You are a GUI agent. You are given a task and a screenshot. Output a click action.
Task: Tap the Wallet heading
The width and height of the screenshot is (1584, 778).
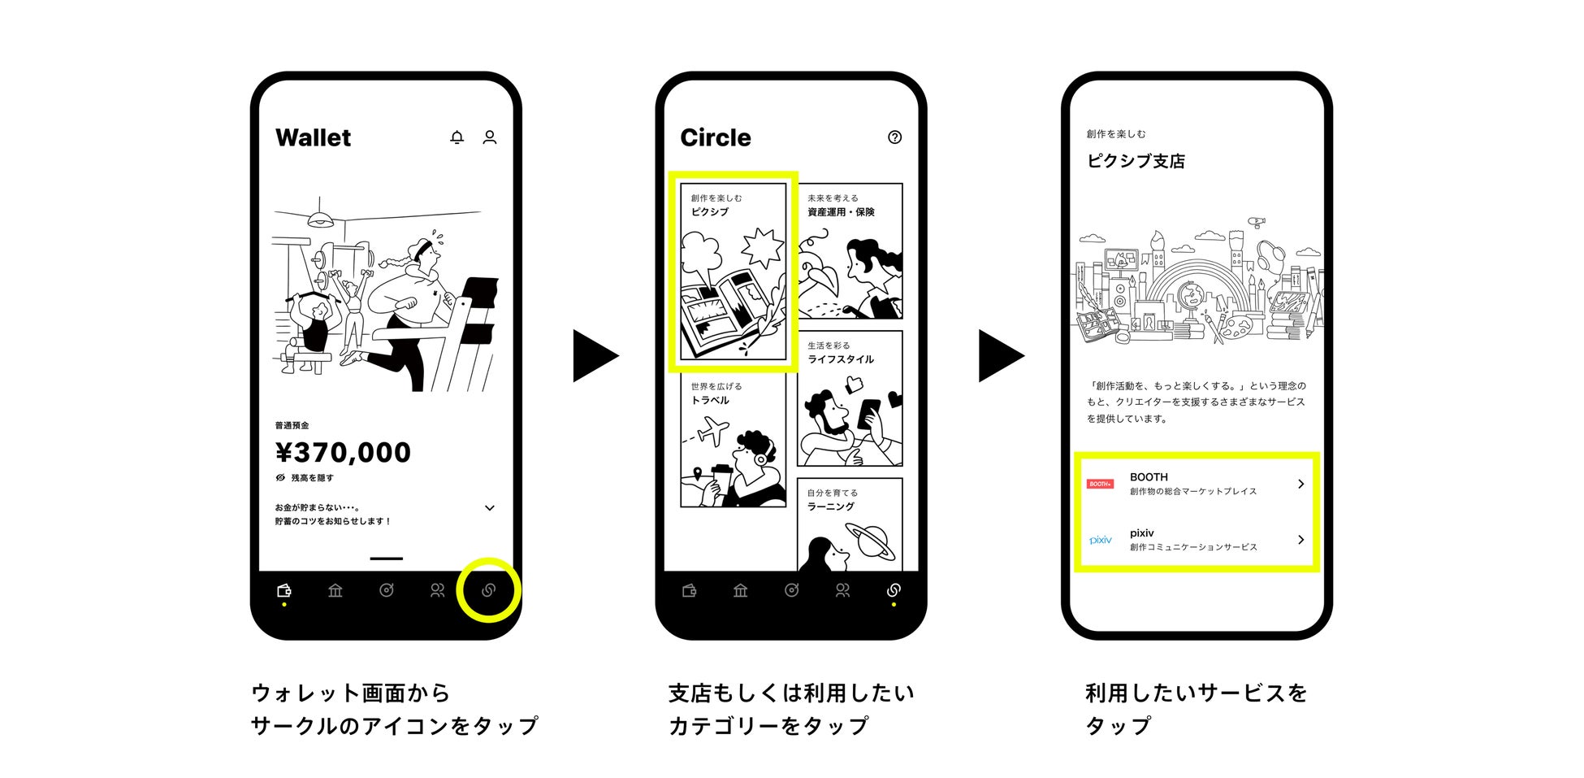[x=313, y=138]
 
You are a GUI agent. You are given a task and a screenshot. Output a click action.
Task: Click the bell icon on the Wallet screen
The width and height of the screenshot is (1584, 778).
[x=457, y=137]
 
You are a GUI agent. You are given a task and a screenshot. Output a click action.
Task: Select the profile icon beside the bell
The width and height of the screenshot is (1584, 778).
[x=490, y=137]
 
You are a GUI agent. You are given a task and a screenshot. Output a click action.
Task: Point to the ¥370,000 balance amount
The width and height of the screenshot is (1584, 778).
[x=343, y=453]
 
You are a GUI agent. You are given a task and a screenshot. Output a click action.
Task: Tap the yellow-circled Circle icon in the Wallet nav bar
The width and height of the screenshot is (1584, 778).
[x=488, y=590]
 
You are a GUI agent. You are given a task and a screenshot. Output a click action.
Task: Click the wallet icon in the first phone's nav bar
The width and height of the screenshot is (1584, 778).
[x=283, y=590]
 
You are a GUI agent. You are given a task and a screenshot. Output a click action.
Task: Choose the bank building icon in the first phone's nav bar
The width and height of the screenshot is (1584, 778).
[x=335, y=590]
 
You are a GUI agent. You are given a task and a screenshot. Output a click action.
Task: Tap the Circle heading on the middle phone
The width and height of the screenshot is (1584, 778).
[x=715, y=138]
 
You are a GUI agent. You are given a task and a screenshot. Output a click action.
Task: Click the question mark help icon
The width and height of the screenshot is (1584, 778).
[x=894, y=137]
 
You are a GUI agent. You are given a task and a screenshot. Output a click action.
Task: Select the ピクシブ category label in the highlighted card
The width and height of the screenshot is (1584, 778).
[x=710, y=212]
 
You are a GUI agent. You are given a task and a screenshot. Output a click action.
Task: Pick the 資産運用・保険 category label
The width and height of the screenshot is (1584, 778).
[x=841, y=212]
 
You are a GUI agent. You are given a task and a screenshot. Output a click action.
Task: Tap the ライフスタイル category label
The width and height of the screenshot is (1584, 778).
[x=841, y=359]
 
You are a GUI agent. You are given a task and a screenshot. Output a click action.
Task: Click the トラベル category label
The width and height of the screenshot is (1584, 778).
[x=710, y=401]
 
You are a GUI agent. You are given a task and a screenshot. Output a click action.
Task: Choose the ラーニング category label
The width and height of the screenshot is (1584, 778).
[x=830, y=506]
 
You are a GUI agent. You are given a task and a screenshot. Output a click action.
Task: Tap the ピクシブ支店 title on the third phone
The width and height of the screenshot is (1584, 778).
[x=1136, y=161]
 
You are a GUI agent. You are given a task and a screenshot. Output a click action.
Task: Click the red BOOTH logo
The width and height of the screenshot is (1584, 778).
[x=1100, y=484]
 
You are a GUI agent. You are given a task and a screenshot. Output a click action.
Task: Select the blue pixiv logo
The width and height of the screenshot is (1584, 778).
[x=1100, y=540]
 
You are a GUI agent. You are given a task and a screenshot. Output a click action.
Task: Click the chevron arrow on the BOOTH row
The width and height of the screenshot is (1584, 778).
[x=1301, y=484]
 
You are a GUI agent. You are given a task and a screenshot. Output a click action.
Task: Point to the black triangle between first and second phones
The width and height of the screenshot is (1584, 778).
[x=594, y=355]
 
